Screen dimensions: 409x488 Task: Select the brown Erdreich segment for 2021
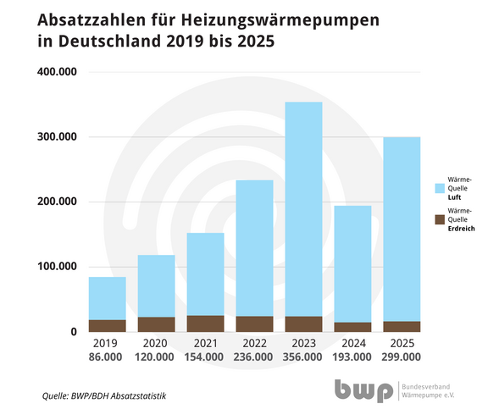click(205, 323)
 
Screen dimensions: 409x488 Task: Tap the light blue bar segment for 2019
click(107, 298)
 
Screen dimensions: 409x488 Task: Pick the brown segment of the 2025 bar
click(402, 326)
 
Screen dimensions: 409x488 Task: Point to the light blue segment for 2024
click(352, 263)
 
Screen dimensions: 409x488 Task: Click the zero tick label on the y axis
click(75, 332)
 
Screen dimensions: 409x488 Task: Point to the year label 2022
click(254, 344)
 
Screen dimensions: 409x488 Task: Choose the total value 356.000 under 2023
click(303, 358)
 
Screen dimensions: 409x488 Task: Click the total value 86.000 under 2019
click(107, 358)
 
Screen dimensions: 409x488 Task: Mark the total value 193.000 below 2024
click(352, 358)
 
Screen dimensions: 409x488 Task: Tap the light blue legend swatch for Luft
click(440, 186)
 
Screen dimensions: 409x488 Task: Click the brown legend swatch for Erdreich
click(440, 219)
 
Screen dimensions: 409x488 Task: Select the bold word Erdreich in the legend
click(461, 229)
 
